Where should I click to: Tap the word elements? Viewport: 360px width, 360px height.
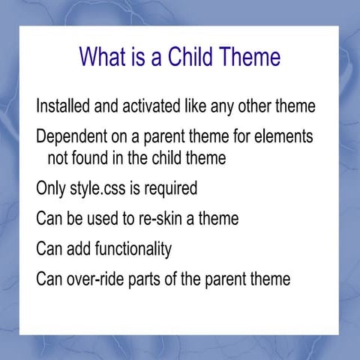(x=286, y=138)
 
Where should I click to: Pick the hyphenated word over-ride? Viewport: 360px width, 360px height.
(x=96, y=280)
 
